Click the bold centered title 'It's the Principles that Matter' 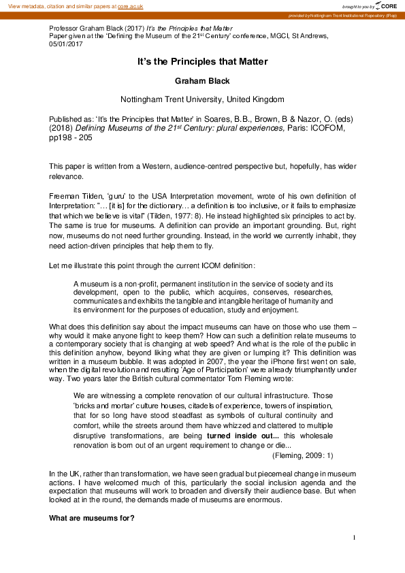202,61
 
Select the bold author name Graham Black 202,80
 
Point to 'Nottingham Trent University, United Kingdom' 202,99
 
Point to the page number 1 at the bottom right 355,538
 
